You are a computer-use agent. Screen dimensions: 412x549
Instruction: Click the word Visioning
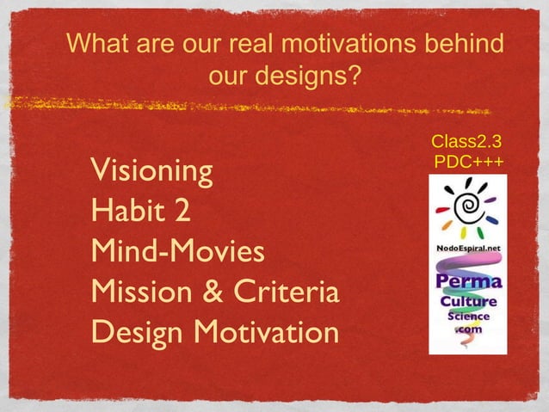pyautogui.click(x=151, y=171)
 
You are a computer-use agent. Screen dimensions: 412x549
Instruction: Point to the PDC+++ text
pyautogui.click(x=469, y=161)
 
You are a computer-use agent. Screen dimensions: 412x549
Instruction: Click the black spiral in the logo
pyautogui.click(x=468, y=207)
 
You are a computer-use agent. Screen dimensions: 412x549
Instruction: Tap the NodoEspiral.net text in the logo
pyautogui.click(x=468, y=249)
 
